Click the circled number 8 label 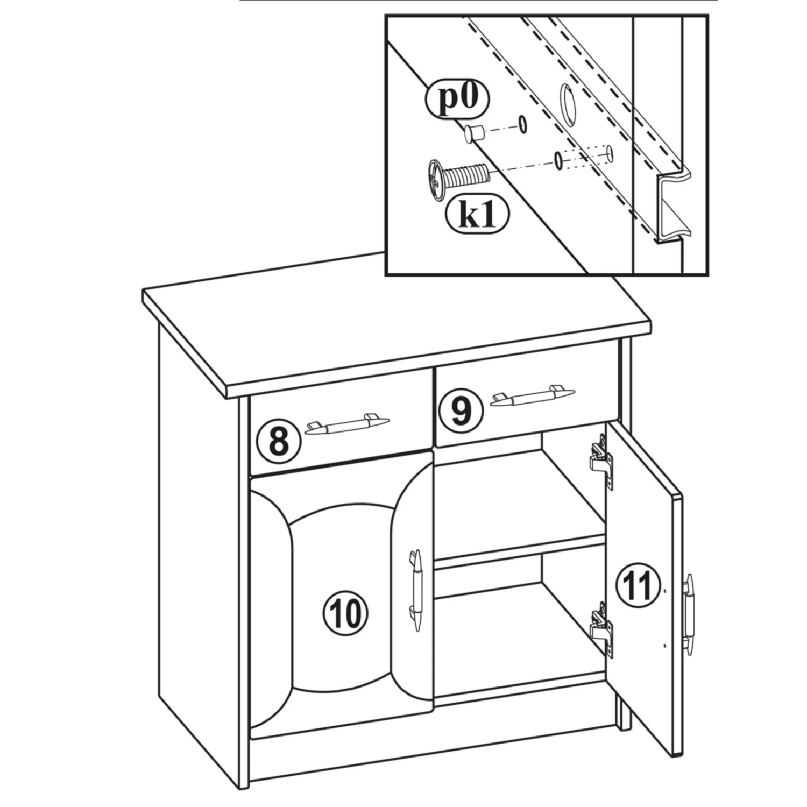[x=278, y=441]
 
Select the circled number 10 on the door [x=345, y=613]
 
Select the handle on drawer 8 [x=347, y=424]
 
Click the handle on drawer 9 [x=532, y=396]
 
